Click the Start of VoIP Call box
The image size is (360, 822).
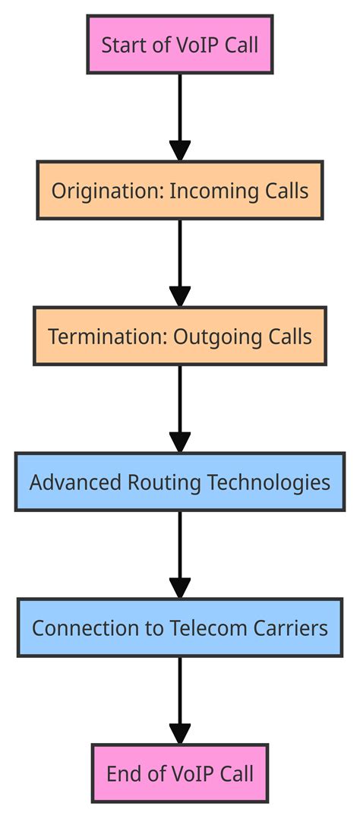point(179,45)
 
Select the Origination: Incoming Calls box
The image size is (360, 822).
point(179,190)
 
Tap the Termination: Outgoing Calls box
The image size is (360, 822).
point(179,336)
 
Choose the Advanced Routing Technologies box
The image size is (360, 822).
point(179,482)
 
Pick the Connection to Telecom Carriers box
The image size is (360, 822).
point(179,628)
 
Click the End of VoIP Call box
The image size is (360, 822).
point(179,773)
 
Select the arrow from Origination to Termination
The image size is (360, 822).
point(179,263)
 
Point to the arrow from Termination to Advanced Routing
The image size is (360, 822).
point(179,409)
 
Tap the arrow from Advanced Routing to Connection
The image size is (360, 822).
point(179,555)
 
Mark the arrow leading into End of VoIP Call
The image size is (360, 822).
point(179,700)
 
